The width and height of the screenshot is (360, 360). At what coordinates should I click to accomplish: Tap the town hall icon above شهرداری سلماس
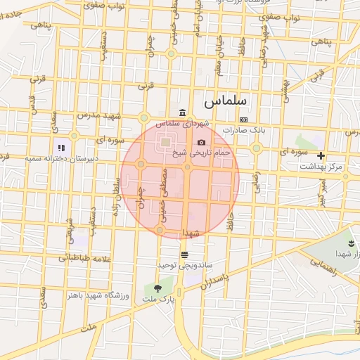coord(183,114)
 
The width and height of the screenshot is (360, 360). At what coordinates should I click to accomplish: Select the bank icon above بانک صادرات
coord(243,120)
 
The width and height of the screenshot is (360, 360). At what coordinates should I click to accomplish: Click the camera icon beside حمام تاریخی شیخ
coord(202,143)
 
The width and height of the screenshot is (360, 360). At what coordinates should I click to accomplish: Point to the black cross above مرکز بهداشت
coord(321,155)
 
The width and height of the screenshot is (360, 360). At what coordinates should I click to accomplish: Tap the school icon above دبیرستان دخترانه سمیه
coord(61,148)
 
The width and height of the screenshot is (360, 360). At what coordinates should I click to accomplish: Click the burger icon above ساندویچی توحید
coord(184,254)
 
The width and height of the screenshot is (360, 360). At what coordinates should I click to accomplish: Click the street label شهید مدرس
coord(99,115)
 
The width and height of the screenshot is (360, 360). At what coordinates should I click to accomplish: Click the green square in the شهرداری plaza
coord(165,143)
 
